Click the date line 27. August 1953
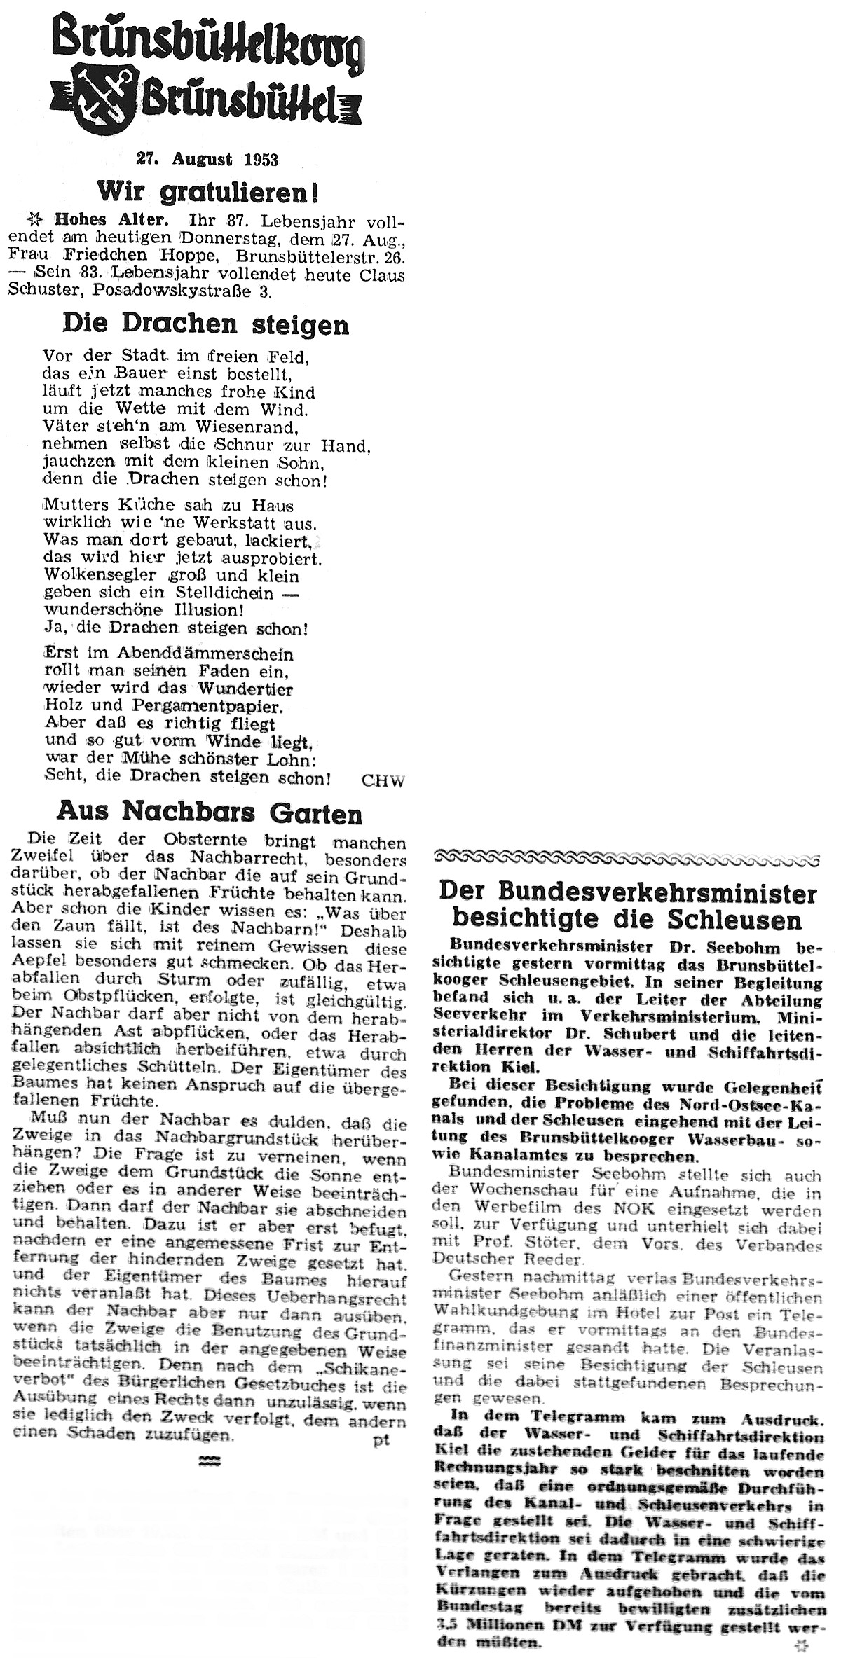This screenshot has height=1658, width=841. click(x=207, y=160)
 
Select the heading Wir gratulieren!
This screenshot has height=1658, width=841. click(x=207, y=190)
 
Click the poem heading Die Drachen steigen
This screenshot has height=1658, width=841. click(x=205, y=324)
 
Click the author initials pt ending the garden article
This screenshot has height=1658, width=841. click(x=381, y=1421)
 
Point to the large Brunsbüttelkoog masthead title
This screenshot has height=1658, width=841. click(x=209, y=42)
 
